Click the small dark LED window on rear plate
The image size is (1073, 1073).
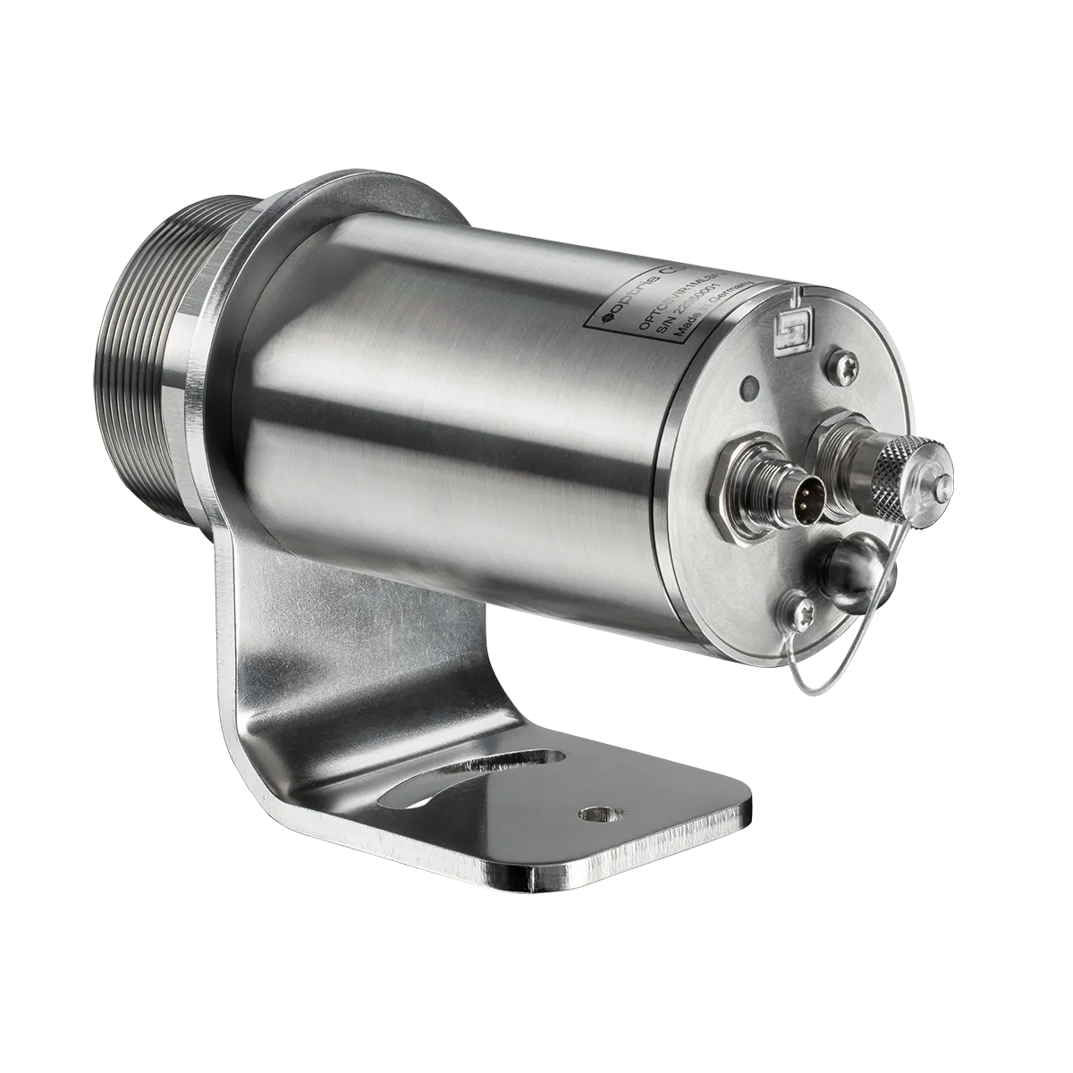[749, 388]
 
